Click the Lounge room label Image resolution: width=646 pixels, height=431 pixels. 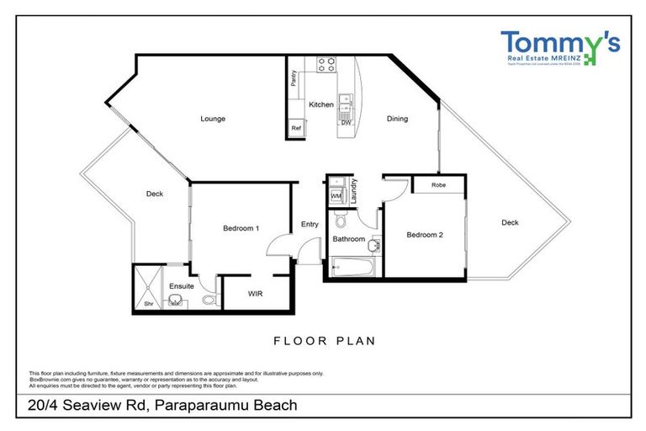[x=213, y=119]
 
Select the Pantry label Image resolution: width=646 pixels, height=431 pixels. [x=294, y=79]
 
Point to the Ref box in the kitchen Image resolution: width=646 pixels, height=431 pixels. [x=296, y=128]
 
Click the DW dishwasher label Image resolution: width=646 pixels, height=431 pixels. [x=346, y=123]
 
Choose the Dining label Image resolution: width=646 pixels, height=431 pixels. [x=397, y=119]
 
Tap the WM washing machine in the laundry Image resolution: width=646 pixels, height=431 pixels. [x=336, y=196]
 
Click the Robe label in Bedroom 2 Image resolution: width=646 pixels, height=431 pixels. [x=438, y=184]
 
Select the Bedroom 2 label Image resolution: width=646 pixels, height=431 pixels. [x=424, y=235]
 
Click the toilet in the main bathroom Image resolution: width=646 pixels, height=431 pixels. [x=341, y=221]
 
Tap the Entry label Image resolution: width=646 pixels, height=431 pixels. [x=310, y=224]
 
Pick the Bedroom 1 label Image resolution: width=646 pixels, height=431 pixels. [x=241, y=228]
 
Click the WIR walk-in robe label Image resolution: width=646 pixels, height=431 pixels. [x=256, y=294]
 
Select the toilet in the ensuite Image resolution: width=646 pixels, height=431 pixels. [x=209, y=299]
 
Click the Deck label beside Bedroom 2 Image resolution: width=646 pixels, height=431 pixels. [x=510, y=222]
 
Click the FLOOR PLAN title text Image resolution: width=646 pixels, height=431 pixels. [x=324, y=341]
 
